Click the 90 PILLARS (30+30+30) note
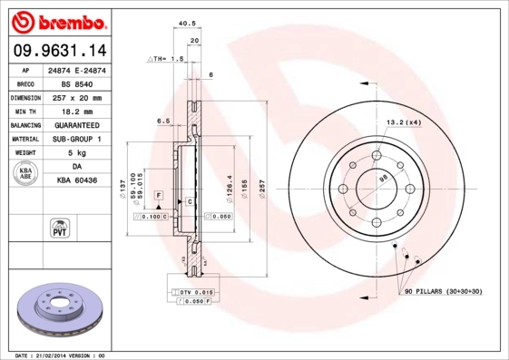pyautogui.click(x=444, y=290)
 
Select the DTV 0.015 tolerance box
pyautogui.click(x=195, y=291)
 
